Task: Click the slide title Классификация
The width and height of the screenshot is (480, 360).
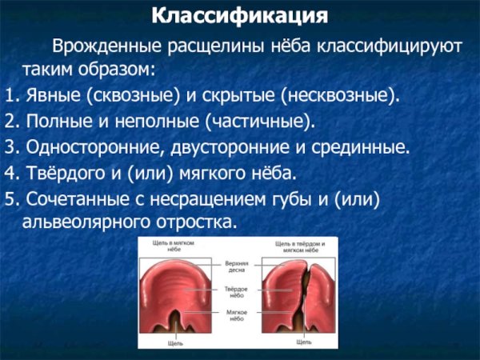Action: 239,15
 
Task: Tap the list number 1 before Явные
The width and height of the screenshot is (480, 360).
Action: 8,96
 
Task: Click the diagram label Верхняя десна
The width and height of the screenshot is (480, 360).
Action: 238,266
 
